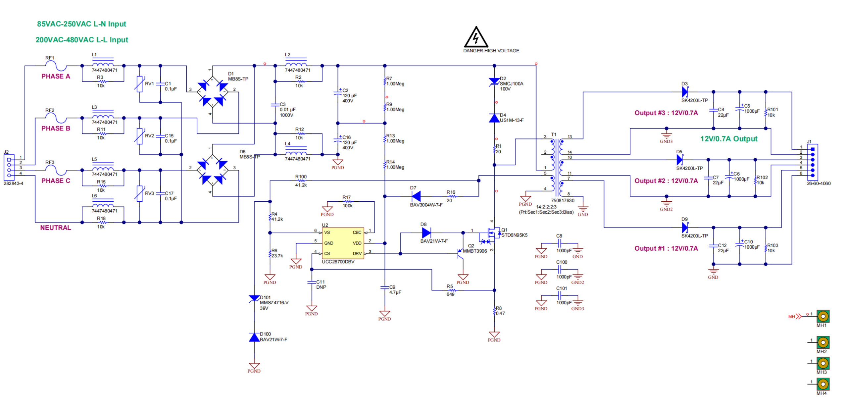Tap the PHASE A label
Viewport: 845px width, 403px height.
click(x=55, y=76)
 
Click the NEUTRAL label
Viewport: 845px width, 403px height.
click(x=55, y=227)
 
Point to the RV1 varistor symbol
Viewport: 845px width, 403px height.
click(x=139, y=84)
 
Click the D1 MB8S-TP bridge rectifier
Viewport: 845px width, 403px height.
click(x=212, y=92)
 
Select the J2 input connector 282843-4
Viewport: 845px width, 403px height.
click(x=9, y=167)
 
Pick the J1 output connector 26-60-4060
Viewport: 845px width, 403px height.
click(x=812, y=162)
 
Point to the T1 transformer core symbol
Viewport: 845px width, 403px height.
click(x=557, y=167)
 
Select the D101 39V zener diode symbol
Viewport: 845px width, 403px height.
click(x=254, y=298)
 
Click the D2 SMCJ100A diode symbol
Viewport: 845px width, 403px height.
click(x=494, y=81)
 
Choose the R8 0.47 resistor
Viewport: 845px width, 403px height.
click(x=494, y=311)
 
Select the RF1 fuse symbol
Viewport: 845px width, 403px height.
click(x=55, y=66)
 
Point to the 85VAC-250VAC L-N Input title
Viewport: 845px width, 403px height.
click(x=81, y=24)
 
